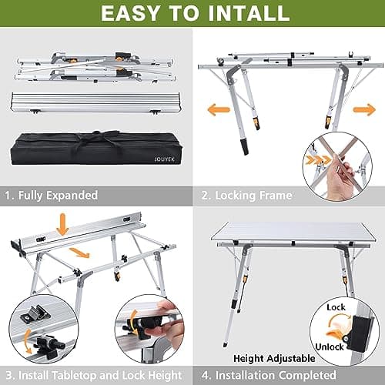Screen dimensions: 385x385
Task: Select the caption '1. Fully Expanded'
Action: point(52,196)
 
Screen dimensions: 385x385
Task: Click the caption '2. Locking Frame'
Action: point(247,196)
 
